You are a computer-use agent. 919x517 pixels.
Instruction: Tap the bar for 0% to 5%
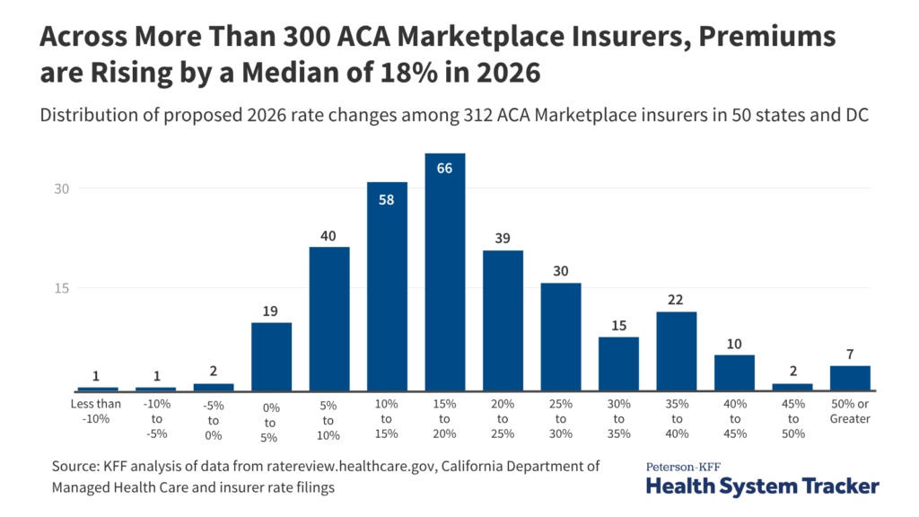tap(271, 356)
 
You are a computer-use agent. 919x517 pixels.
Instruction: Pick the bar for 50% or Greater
tap(850, 378)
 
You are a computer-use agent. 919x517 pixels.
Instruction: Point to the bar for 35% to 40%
tap(676, 351)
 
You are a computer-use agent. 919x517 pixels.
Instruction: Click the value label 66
tap(444, 168)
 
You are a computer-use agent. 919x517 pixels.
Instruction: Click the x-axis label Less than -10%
tap(97, 411)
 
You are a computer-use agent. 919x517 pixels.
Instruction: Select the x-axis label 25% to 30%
tap(560, 418)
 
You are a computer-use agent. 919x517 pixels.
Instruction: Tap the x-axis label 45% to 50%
tap(792, 418)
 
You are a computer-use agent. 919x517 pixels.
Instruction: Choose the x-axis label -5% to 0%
tap(213, 418)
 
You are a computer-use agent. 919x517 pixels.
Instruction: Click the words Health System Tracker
tap(762, 486)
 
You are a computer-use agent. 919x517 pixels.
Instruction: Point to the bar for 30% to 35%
tap(618, 364)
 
